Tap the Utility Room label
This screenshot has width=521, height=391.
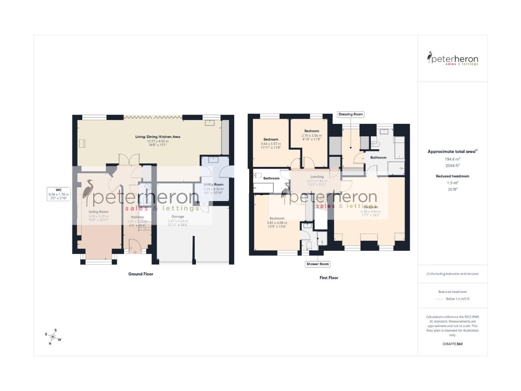pyautogui.click(x=214, y=185)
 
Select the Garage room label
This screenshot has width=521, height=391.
pyautogui.click(x=178, y=216)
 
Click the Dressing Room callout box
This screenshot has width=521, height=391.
pyautogui.click(x=350, y=114)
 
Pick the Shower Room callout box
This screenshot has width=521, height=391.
pyautogui.click(x=318, y=264)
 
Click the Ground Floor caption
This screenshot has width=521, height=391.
pyautogui.click(x=141, y=274)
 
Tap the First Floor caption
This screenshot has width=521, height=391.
pyautogui.click(x=329, y=278)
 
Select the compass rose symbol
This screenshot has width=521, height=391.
pyautogui.click(x=53, y=337)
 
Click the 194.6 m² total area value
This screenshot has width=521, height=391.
pyautogui.click(x=452, y=159)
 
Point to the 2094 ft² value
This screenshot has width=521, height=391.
pyautogui.click(x=452, y=166)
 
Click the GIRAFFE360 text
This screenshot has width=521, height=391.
pyautogui.click(x=452, y=343)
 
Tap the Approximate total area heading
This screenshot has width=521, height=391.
pyautogui.click(x=452, y=151)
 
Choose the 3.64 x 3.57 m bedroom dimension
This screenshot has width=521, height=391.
pyautogui.click(x=270, y=144)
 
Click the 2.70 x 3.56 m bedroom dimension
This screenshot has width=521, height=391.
pyautogui.click(x=312, y=135)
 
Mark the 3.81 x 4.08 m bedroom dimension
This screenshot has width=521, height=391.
pyautogui.click(x=277, y=223)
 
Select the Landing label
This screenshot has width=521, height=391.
pyautogui.click(x=317, y=176)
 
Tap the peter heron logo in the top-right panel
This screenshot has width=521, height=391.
pyautogui.click(x=452, y=59)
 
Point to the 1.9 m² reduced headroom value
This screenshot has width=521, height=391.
pyautogui.click(x=452, y=183)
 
